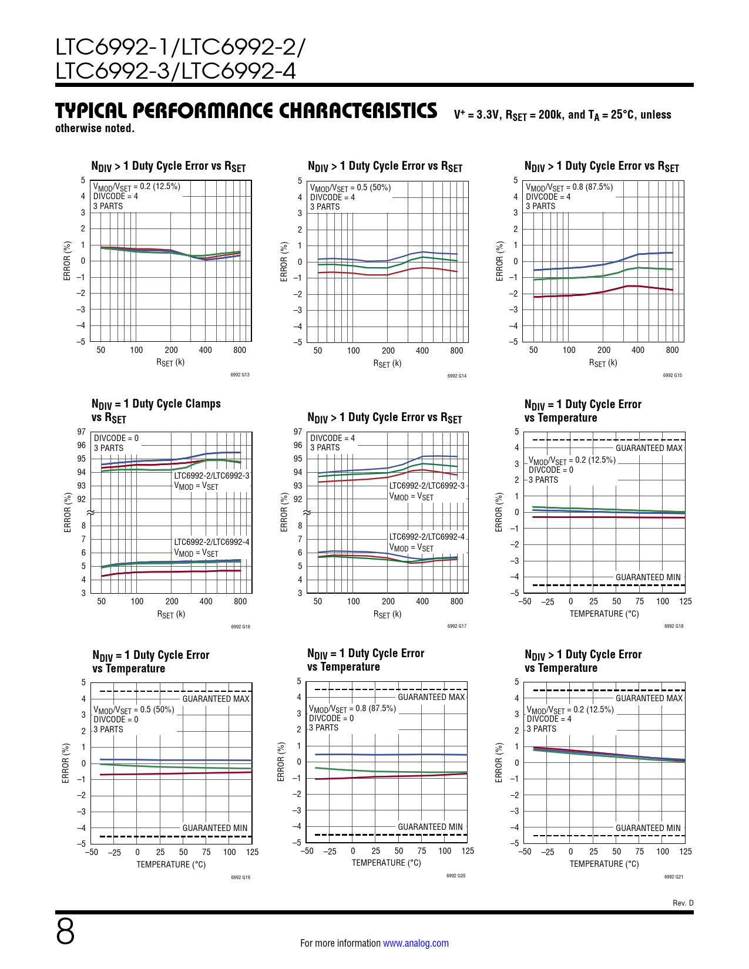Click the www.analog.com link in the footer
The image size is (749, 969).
point(415,943)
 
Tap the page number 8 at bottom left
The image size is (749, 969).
point(65,932)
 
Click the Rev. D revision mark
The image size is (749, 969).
point(683,903)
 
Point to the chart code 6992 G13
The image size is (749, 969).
point(240,375)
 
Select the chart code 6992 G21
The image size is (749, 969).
point(673,877)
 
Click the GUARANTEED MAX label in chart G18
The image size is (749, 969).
point(649,448)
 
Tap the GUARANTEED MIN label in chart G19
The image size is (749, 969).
point(215,828)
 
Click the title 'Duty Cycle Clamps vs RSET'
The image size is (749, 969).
point(156,411)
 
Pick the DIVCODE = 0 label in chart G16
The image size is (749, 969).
point(116,438)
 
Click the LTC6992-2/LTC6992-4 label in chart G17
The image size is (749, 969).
point(426,537)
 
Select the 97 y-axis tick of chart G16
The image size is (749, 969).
point(81,432)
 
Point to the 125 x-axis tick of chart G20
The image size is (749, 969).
point(468,851)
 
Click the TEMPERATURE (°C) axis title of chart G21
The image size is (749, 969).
point(604,864)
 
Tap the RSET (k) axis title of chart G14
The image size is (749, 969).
point(387,364)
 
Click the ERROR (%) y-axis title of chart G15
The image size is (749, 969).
point(500,261)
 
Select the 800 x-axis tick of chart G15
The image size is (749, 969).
point(672,350)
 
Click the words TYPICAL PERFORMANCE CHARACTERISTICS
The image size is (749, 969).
point(246,111)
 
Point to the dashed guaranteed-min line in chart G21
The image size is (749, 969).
point(587,836)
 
